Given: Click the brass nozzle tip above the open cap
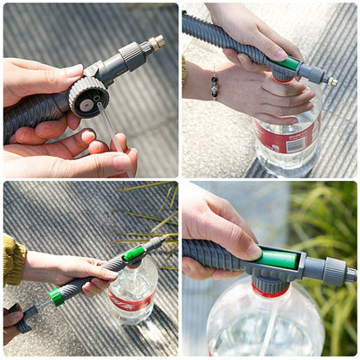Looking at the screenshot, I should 157,41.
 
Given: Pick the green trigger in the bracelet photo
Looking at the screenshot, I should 289,63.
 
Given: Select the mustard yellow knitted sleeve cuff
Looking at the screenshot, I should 13,260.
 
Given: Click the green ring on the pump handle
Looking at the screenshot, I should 56,296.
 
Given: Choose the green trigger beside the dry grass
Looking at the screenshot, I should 134,253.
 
